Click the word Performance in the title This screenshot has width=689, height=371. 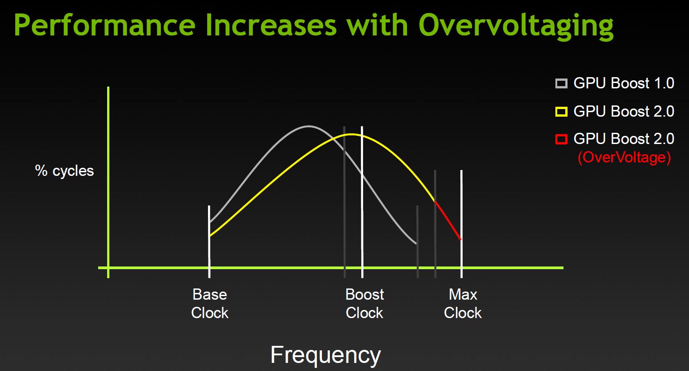pyautogui.click(x=104, y=25)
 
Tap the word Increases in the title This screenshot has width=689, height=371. pyautogui.click(x=271, y=25)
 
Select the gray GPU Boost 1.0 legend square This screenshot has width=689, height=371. pyautogui.click(x=561, y=83)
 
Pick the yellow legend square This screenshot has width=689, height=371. pyautogui.click(x=561, y=111)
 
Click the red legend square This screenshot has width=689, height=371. pyautogui.click(x=561, y=139)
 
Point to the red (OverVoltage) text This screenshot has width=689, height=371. pyautogui.click(x=624, y=157)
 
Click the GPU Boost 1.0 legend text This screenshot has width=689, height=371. pyautogui.click(x=624, y=83)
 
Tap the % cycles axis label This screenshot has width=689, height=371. pyautogui.click(x=64, y=171)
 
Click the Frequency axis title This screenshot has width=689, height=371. pyautogui.click(x=325, y=355)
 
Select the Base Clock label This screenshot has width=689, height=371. pyautogui.click(x=210, y=304)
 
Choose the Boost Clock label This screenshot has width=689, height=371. pyautogui.click(x=364, y=304)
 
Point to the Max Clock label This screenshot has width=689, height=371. pyautogui.click(x=463, y=304)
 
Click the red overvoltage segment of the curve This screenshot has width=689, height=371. pyautogui.click(x=448, y=220)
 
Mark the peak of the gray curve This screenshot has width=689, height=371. pyautogui.click(x=308, y=126)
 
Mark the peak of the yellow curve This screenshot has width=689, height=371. pyautogui.click(x=351, y=134)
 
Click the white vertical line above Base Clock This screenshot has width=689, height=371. pyautogui.click(x=209, y=242)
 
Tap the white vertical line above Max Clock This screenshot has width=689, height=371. pyautogui.click(x=461, y=224)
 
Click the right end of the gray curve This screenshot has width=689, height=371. pyautogui.click(x=416, y=244)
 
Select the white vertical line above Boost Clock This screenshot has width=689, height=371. pyautogui.click(x=362, y=202)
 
